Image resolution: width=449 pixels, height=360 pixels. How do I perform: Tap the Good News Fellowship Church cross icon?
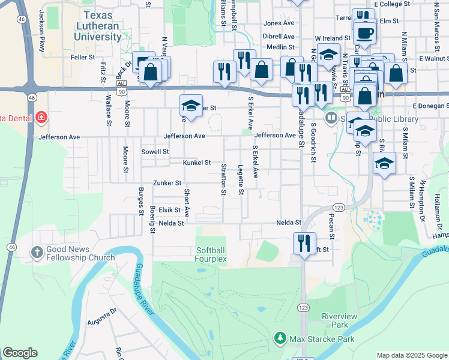pos(37,253)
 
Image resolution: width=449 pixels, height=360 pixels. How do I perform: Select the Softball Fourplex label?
pos(211,254)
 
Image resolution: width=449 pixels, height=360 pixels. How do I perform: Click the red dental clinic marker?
pos(41,117)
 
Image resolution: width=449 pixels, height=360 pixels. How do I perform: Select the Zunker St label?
pos(167,182)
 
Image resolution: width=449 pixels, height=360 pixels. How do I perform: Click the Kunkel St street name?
pos(197,163)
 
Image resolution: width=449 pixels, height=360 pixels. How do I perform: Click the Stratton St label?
pos(224,179)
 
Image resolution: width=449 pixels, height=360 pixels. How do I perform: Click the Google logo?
pos(20,352)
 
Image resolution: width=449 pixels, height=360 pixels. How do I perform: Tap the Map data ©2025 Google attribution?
pos(411,355)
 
